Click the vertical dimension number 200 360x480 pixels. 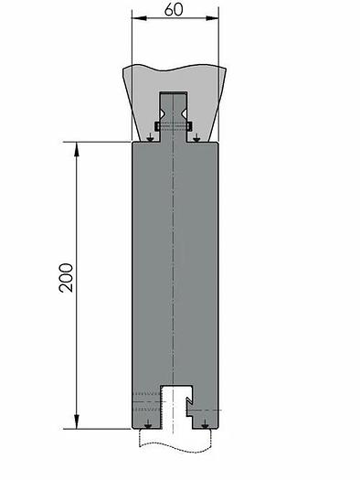(66, 277)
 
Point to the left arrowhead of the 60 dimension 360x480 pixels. (135, 17)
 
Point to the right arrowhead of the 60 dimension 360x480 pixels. (215, 17)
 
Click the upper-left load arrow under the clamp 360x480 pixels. (150, 138)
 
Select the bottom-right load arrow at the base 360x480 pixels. (206, 424)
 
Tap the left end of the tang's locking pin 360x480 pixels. (158, 125)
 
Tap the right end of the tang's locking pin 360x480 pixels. (190, 125)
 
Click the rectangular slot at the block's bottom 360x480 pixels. (174, 407)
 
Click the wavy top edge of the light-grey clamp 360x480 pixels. (174, 66)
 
